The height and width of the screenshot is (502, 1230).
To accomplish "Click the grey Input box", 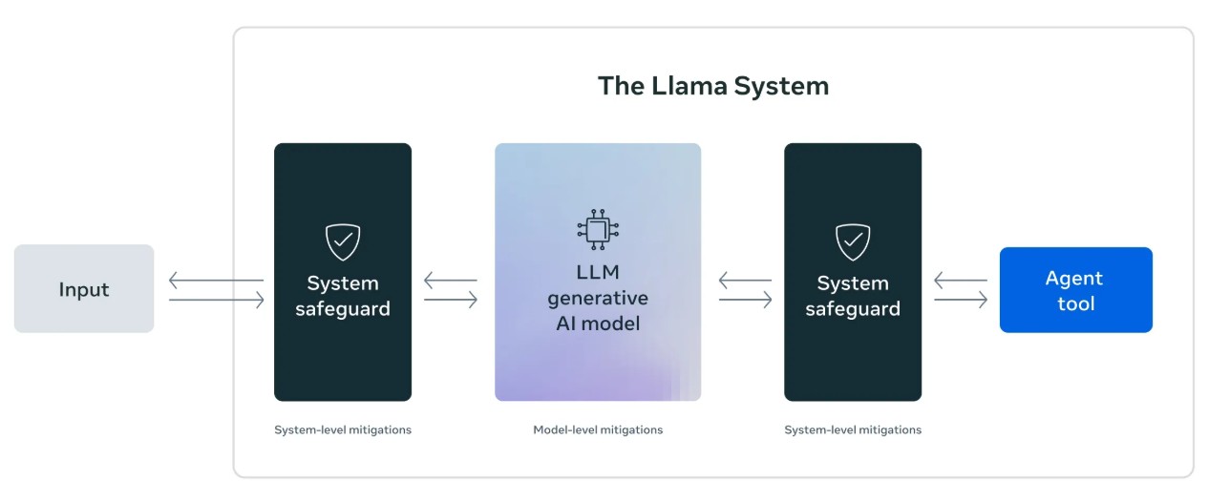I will coord(84,289).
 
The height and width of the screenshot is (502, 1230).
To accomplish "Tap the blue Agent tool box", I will coord(1075,290).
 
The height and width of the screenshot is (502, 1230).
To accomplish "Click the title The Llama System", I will coord(712,86).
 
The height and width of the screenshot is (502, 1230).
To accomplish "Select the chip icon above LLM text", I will coord(598,228).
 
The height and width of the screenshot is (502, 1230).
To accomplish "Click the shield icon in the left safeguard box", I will coord(343,242).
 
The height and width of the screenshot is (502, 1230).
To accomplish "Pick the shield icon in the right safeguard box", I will coord(853,242).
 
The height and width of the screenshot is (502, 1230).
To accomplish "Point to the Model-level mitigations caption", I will coord(598,430).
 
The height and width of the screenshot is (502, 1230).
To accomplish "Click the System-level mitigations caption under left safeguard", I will coord(343,430).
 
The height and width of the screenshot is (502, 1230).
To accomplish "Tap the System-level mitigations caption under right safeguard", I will coord(853,430).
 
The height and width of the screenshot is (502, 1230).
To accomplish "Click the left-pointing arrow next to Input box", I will coord(216,281).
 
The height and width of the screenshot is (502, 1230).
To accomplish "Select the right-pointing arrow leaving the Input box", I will coord(216,301).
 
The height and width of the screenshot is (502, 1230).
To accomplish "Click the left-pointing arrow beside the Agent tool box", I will coord(961,281).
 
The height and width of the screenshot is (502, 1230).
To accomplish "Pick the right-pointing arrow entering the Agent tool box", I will coord(961,301).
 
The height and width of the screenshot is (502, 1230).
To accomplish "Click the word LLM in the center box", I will coord(598,273).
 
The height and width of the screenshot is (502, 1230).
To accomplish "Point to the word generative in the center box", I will coord(598,299).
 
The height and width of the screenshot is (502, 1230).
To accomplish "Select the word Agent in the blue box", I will coord(1074,278).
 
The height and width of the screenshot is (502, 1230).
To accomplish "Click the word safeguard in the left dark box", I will coord(343,309).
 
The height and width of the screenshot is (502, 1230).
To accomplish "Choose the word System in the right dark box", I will coord(853,283).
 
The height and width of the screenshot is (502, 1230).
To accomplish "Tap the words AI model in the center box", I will coord(598,324).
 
